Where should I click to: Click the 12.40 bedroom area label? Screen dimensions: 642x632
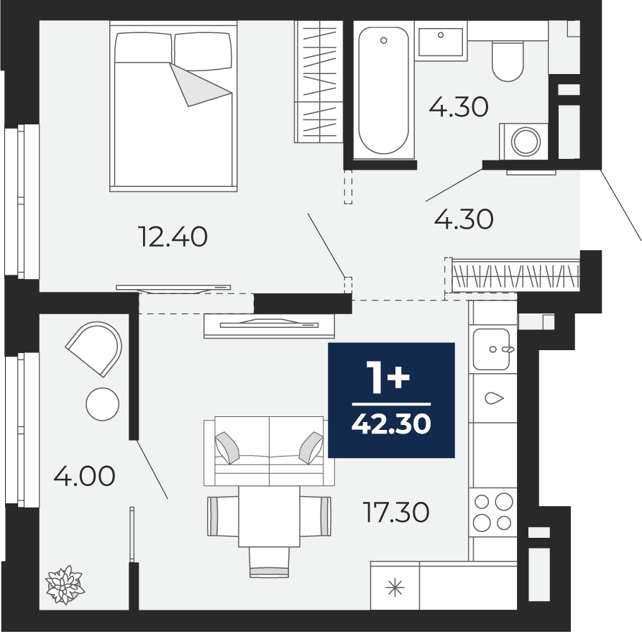tap(173, 237)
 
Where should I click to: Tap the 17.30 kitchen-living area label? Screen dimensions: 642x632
tap(396, 512)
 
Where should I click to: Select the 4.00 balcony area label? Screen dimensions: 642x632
tap(85, 476)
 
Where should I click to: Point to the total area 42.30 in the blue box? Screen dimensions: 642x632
tap(391, 423)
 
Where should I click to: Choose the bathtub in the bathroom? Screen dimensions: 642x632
tap(384, 91)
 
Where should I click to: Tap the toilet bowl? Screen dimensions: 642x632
tap(508, 60)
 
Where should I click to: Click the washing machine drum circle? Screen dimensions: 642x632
tap(526, 142)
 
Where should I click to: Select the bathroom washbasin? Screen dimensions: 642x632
tap(441, 41)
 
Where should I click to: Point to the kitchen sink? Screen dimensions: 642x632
tap(492, 349)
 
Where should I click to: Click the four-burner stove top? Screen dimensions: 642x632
tap(492, 512)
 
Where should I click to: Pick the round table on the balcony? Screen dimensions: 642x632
tap(102, 404)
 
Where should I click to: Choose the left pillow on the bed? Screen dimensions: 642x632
tap(143, 47)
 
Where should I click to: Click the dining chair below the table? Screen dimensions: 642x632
tap(270, 562)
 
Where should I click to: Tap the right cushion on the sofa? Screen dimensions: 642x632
tap(311, 448)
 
